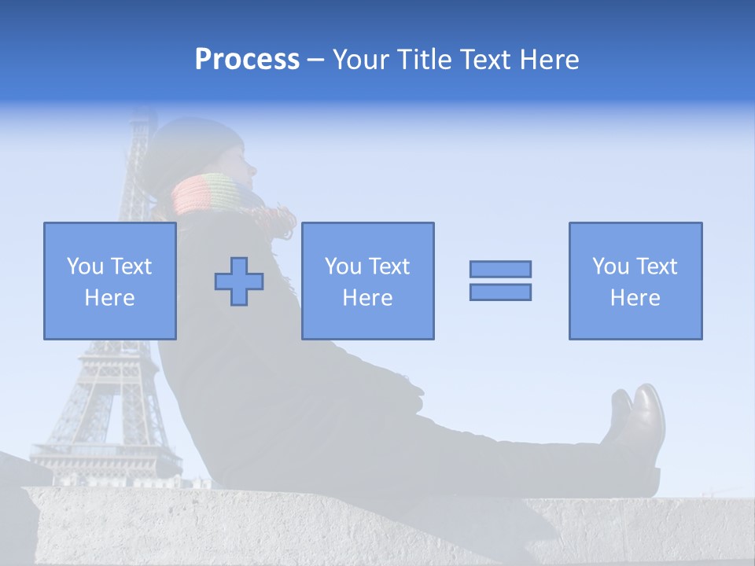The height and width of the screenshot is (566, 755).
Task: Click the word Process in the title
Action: (x=247, y=60)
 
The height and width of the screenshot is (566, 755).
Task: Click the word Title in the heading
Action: (x=424, y=60)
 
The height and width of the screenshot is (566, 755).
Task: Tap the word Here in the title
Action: (x=547, y=60)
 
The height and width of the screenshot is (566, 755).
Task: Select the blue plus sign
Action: (x=239, y=281)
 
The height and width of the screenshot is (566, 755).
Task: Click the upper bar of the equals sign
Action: (x=500, y=269)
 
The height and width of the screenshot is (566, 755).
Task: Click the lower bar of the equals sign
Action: (x=500, y=292)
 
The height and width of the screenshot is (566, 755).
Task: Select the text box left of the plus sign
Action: (x=110, y=281)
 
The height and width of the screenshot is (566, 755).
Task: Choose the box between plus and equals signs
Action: (x=368, y=281)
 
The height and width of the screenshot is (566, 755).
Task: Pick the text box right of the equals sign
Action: (x=635, y=281)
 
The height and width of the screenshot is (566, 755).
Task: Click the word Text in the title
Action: (x=482, y=60)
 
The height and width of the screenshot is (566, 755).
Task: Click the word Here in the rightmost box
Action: (x=635, y=298)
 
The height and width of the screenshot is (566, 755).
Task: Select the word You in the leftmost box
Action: (x=85, y=266)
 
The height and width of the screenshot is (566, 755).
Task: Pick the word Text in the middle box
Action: (x=389, y=266)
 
